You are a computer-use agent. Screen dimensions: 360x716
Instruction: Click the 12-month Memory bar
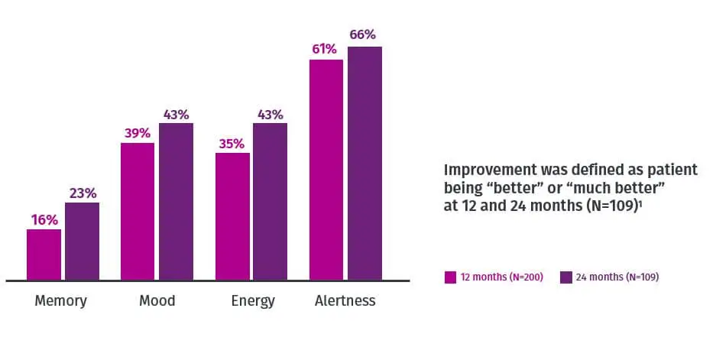[44, 255]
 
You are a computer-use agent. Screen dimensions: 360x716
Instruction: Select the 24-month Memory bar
[82, 241]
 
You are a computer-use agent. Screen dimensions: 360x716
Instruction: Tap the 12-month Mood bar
[138, 211]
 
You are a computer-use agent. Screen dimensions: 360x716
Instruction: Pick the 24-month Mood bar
[176, 201]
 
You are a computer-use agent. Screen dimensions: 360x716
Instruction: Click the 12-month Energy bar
[232, 216]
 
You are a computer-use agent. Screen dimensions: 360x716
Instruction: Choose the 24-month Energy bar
[271, 201]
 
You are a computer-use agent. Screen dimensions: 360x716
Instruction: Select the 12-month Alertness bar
[326, 170]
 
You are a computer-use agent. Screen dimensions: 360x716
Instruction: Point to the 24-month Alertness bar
[364, 163]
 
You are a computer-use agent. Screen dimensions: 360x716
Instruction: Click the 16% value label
[44, 220]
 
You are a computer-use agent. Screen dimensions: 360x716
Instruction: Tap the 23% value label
[83, 193]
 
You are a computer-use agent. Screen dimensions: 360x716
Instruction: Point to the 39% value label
[138, 134]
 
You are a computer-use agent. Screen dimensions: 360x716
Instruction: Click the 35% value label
[232, 144]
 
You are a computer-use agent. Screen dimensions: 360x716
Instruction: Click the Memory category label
[61, 300]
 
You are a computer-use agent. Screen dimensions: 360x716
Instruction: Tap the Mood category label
[157, 300]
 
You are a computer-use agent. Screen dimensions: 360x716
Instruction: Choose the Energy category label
[252, 301]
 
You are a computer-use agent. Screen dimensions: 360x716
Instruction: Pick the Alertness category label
[345, 300]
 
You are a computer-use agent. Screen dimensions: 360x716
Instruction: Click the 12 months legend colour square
[450, 277]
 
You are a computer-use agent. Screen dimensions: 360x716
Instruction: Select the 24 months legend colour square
[566, 277]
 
